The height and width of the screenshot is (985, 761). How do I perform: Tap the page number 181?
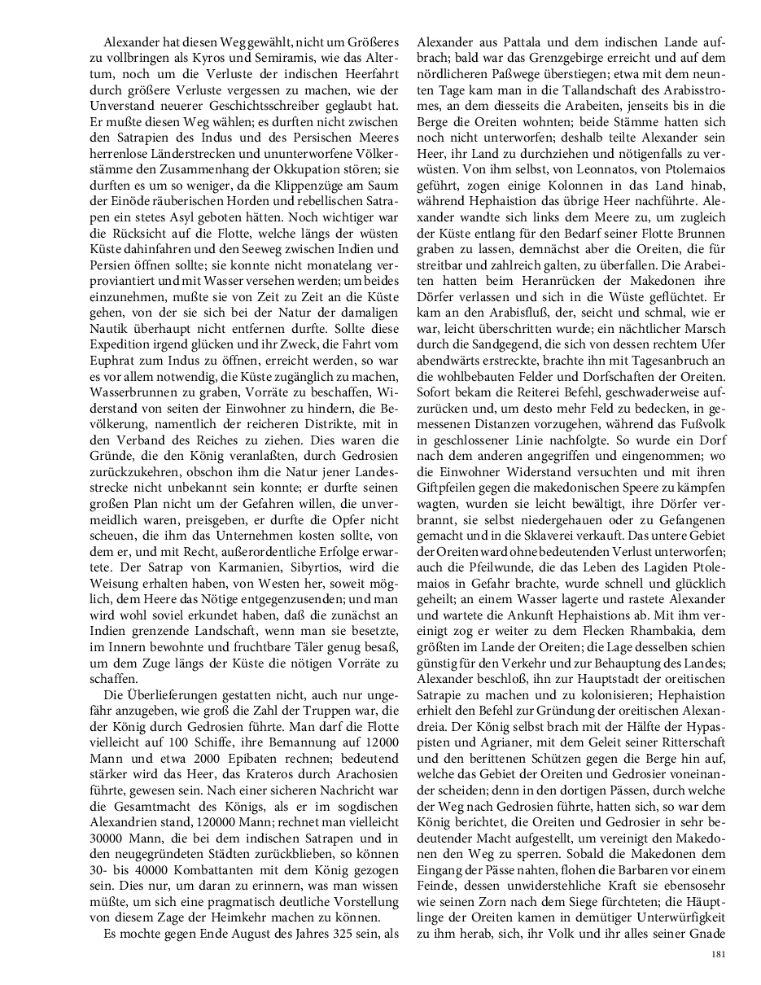(717, 954)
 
